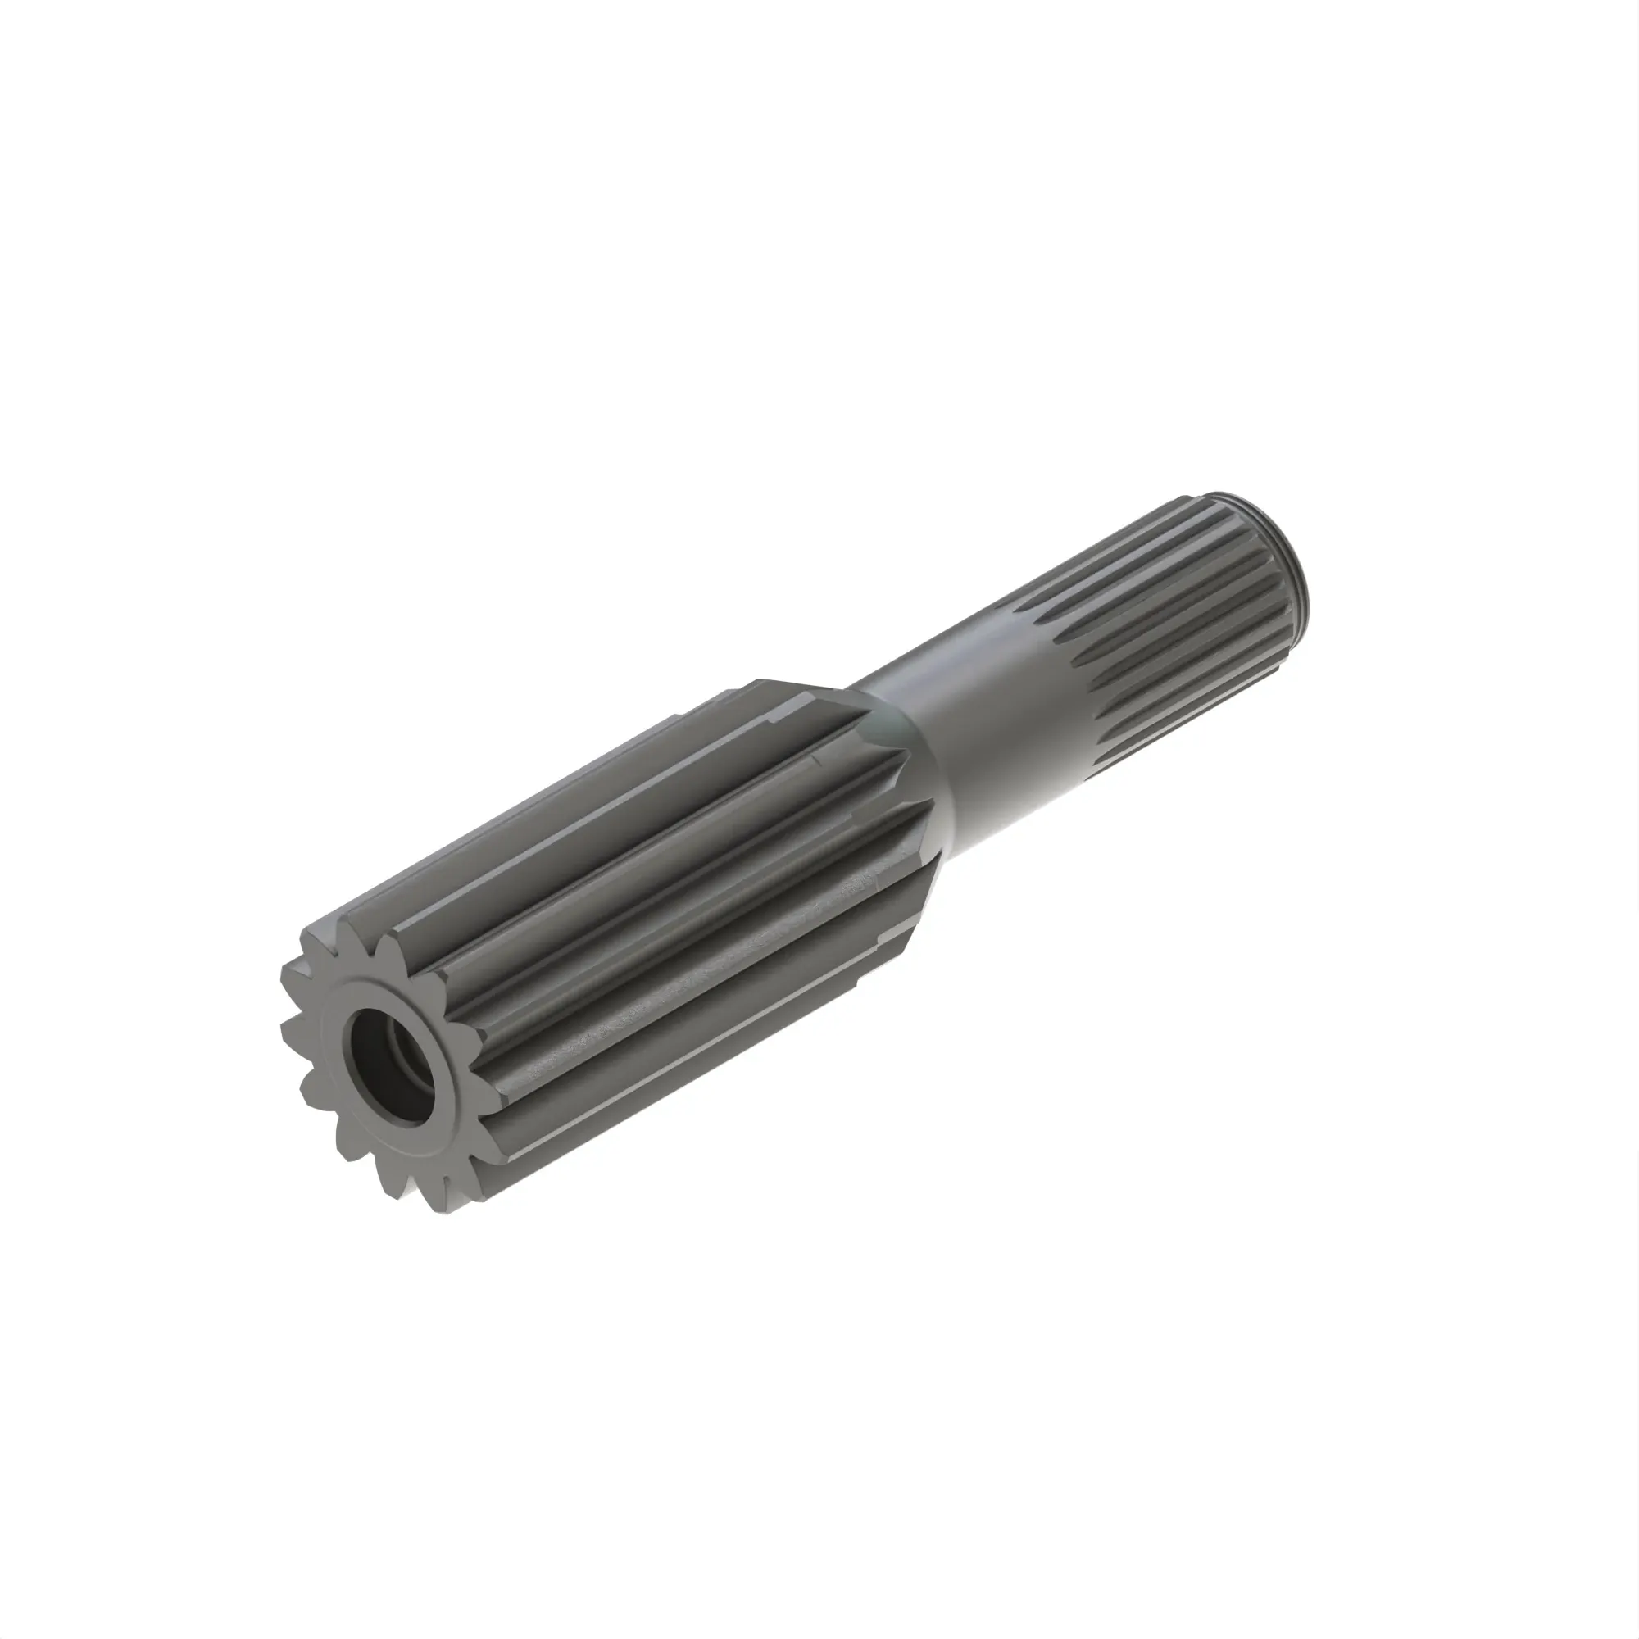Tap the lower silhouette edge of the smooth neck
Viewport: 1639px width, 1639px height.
(1018, 815)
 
